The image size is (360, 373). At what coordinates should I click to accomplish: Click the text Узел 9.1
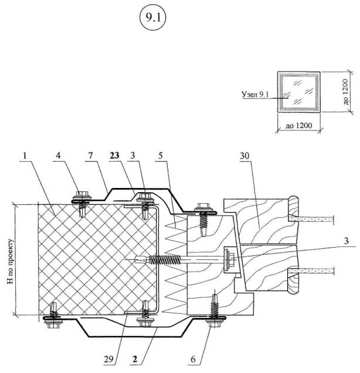point(257,93)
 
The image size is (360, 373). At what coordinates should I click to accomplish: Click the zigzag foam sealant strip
point(176,261)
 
